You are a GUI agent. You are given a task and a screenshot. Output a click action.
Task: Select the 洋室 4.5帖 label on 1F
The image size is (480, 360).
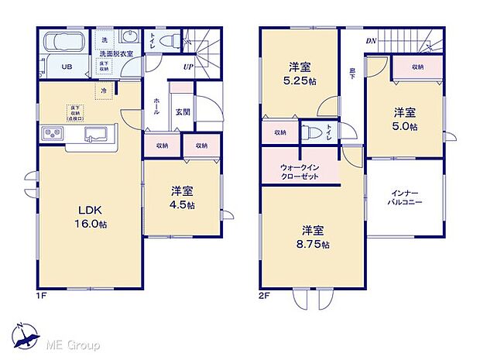[182, 198]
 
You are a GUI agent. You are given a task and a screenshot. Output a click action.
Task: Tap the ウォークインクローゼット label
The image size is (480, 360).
[299, 171]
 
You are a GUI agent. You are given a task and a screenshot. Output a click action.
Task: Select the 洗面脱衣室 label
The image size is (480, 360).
[116, 53]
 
